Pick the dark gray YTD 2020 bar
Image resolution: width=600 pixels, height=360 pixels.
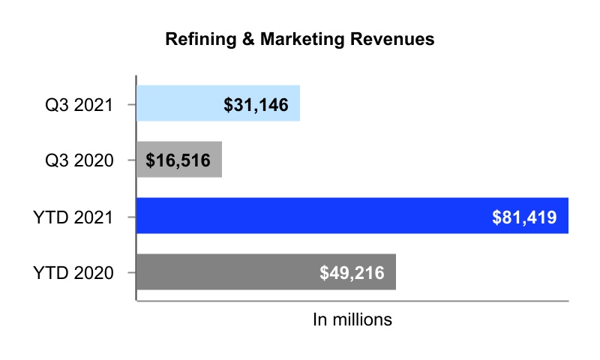[x=225, y=271]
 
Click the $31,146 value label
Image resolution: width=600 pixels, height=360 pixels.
[x=256, y=103]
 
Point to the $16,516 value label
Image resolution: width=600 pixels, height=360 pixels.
[x=179, y=160]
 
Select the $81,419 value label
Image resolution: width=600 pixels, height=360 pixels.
[x=524, y=216]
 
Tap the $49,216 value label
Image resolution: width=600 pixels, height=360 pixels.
[x=352, y=271]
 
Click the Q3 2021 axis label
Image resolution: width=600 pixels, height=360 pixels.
[x=78, y=103]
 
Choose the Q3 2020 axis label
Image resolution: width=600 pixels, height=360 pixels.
[x=78, y=160]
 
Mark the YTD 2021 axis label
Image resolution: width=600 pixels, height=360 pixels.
[x=73, y=216]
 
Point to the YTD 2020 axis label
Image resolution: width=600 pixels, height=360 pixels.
[x=73, y=271]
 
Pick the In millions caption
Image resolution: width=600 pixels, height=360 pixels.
[x=352, y=319]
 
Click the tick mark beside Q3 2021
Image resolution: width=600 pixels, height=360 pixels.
[x=132, y=103]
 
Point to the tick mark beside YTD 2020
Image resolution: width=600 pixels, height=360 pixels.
[x=132, y=271]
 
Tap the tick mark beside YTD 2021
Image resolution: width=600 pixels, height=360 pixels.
[x=132, y=216]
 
